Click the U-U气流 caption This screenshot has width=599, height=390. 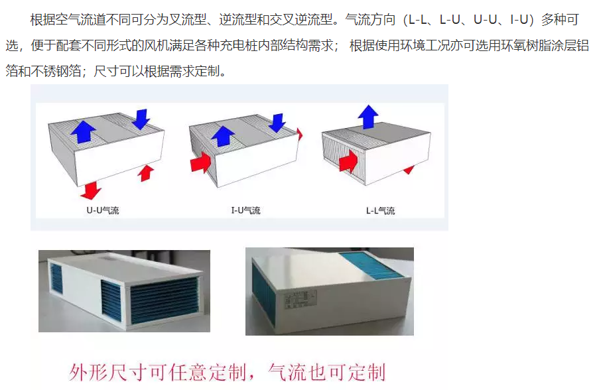(x=103, y=210)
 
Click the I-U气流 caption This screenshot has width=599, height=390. (x=245, y=210)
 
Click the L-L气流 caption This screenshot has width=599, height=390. (x=381, y=210)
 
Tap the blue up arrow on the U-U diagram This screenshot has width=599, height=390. (x=84, y=132)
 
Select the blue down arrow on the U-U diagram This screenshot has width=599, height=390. (x=141, y=119)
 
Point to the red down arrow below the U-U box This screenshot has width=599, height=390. (x=91, y=190)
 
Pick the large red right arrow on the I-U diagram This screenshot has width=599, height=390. (x=200, y=162)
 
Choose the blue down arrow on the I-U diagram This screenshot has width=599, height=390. (x=277, y=123)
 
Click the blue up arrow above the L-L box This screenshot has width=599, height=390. (x=368, y=117)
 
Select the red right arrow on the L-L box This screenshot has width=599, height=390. (x=348, y=161)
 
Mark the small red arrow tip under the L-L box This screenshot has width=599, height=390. (x=409, y=170)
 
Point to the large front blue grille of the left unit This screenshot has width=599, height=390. (x=165, y=300)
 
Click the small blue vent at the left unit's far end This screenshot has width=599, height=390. (x=56, y=279)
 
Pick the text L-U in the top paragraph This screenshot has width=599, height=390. (x=450, y=19)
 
